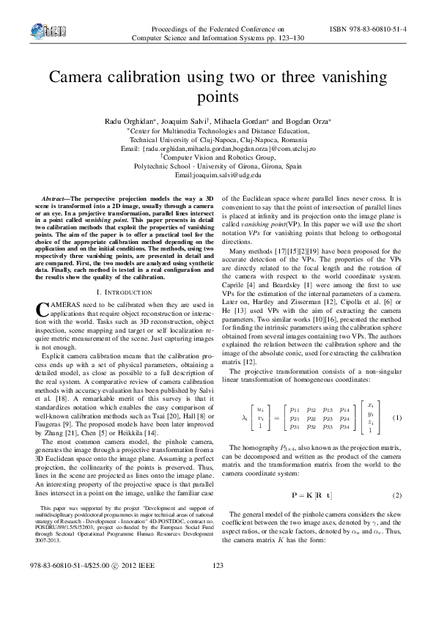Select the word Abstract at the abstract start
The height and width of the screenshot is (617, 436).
(x=53, y=199)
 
